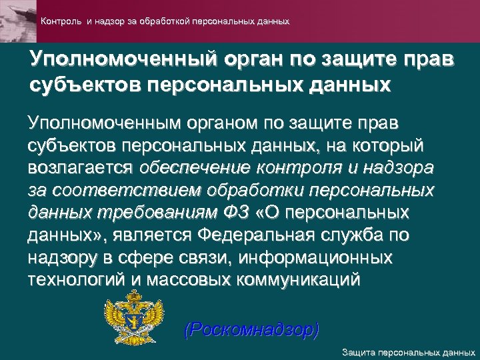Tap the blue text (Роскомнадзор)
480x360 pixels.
(x=251, y=329)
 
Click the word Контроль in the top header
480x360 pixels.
(x=61, y=21)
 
